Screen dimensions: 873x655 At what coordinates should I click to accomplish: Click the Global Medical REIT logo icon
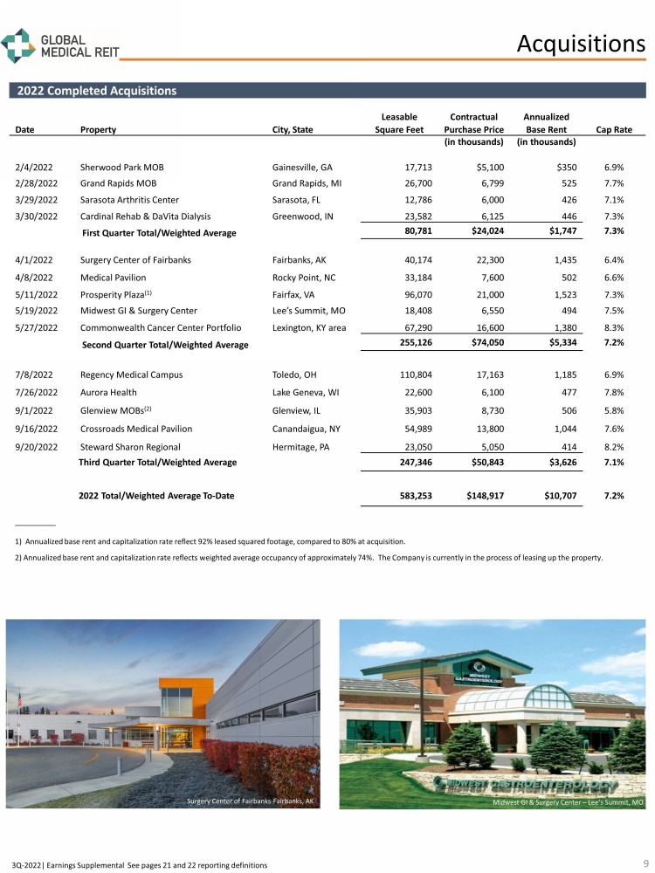[18, 45]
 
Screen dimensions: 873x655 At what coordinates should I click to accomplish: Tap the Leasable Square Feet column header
[399, 123]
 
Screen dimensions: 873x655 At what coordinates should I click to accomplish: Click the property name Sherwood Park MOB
[121, 167]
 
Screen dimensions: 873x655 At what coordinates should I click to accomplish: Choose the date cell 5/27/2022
[36, 327]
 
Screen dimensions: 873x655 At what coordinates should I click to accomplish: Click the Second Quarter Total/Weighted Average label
[165, 345]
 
